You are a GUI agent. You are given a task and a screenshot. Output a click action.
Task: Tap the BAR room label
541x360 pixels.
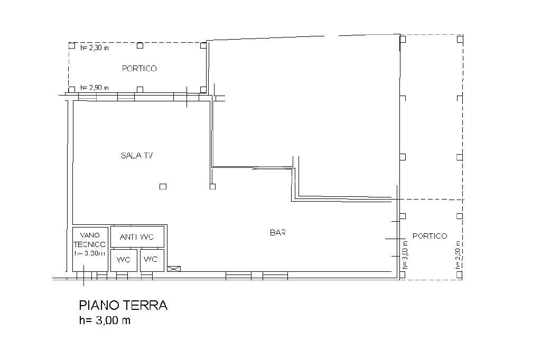click(x=278, y=232)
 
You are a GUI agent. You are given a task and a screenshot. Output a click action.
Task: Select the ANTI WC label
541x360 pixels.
click(x=137, y=237)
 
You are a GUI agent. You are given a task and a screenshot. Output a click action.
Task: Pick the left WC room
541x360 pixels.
click(x=124, y=259)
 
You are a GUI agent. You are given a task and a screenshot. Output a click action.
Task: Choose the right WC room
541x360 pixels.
click(x=151, y=259)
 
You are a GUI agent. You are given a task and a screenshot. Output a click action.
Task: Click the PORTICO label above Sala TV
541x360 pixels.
click(x=139, y=69)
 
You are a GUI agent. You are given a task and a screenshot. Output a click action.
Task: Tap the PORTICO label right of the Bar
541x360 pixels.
click(x=430, y=236)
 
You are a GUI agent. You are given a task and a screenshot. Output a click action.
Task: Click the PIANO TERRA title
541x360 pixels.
click(x=123, y=305)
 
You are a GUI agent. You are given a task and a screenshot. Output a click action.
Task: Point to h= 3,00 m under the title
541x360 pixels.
click(x=104, y=320)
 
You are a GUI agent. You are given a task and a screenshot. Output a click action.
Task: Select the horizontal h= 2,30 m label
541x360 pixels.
click(x=94, y=48)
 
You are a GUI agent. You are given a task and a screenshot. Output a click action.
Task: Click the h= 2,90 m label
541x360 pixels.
click(x=94, y=88)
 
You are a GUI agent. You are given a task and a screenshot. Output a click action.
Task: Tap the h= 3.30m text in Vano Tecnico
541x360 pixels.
click(x=90, y=253)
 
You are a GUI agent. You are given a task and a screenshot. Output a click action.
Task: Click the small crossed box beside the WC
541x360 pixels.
click(x=173, y=269)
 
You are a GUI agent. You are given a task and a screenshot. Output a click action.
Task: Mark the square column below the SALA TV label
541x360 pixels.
click(x=163, y=186)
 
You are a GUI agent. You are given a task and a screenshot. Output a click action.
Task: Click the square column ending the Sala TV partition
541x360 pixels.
click(x=212, y=186)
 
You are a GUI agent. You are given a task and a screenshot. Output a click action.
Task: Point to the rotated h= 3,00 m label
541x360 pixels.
click(x=405, y=254)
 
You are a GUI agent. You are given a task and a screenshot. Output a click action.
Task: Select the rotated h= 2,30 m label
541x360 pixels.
click(x=458, y=254)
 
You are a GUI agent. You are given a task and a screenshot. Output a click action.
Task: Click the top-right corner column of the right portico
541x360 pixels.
click(x=460, y=39)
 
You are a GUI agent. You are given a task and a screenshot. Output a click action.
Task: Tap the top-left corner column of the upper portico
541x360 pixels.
click(x=72, y=45)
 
